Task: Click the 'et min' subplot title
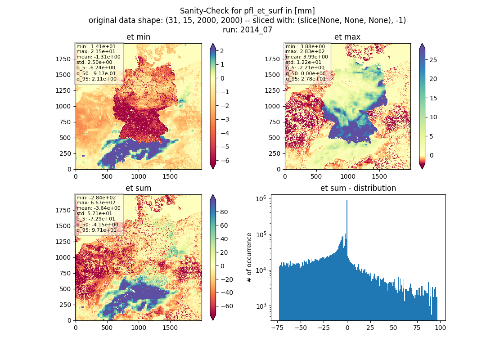(138, 37)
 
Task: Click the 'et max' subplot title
(347, 37)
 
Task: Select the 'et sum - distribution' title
(358, 188)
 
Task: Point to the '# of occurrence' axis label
(249, 258)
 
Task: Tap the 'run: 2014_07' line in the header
(247, 30)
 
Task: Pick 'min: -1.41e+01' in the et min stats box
(96, 46)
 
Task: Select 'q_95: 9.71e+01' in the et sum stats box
(96, 230)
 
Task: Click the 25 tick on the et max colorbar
(433, 60)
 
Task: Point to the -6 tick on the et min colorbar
(222, 161)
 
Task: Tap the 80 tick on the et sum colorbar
(224, 212)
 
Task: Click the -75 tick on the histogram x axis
(277, 328)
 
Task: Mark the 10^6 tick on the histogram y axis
(261, 198)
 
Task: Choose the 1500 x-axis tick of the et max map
(379, 176)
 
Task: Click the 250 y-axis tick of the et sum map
(65, 305)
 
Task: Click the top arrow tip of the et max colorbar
(422, 44)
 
